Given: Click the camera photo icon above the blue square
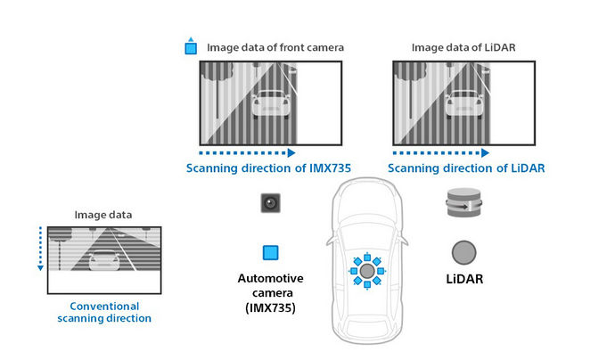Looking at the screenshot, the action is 271,203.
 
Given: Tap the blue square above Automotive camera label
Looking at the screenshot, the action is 271,252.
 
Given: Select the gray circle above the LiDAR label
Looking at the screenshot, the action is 464,252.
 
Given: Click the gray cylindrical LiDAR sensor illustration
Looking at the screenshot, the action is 464,202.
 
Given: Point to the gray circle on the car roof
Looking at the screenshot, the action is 367,271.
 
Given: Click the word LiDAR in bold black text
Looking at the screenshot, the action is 464,279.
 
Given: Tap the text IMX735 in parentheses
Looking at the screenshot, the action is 270,307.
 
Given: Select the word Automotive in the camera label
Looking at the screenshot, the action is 271,278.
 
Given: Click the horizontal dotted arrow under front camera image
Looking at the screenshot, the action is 247,152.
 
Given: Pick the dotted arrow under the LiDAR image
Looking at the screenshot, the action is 441,152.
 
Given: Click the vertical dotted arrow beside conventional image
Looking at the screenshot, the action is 40,249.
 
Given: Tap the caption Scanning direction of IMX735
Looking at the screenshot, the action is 268,168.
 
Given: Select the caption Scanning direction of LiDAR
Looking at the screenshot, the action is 466,168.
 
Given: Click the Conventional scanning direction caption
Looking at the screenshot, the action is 104,312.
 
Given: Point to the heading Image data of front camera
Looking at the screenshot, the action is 275,47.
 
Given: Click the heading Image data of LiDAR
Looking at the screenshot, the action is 463,47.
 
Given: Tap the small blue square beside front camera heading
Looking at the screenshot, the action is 191,48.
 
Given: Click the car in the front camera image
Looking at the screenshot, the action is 271,104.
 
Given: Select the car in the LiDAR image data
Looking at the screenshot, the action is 464,104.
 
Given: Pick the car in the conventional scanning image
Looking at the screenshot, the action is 104,261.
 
